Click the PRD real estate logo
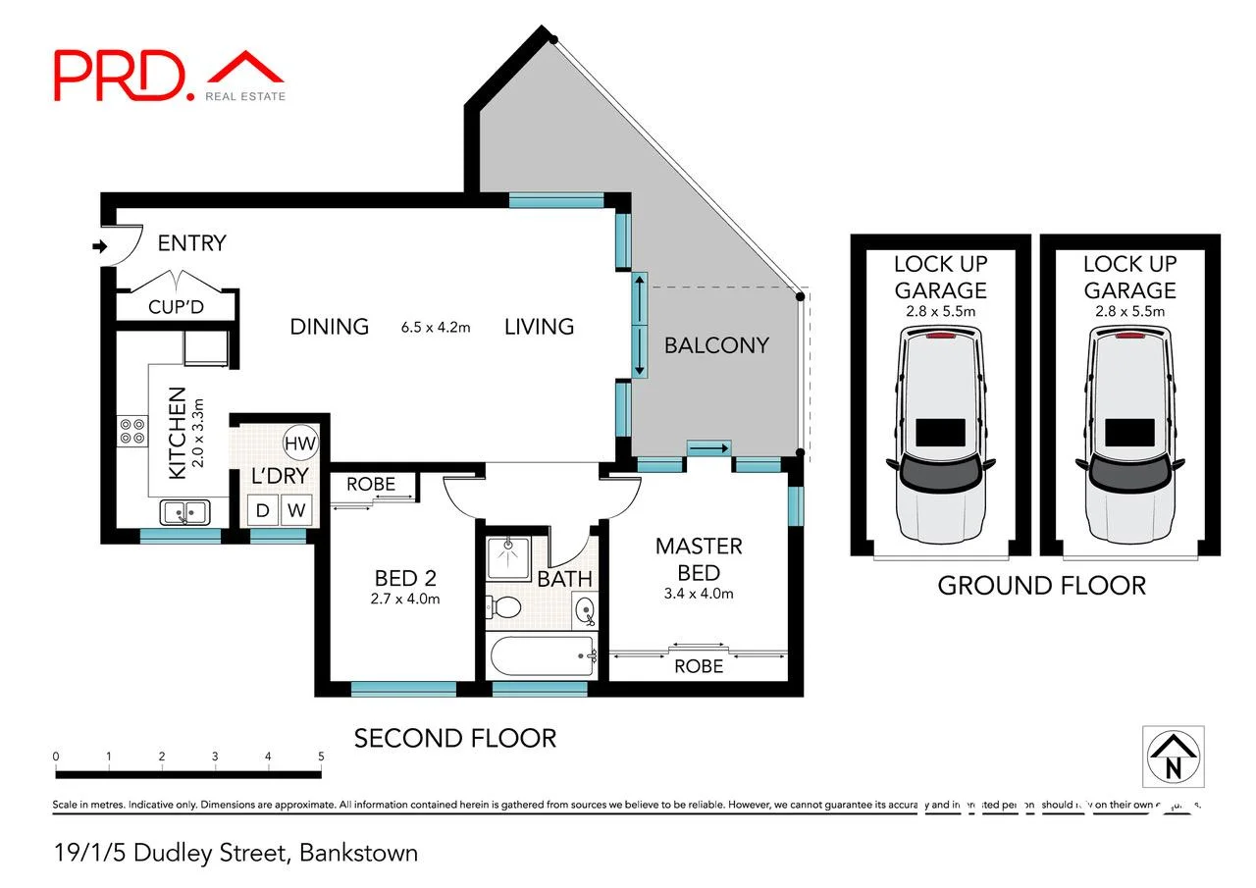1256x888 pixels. coord(169,75)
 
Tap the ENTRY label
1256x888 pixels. coord(191,242)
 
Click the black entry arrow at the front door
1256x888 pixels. coord(99,247)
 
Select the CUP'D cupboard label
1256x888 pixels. coord(176,307)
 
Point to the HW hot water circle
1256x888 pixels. coord(299,444)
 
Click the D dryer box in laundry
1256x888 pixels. coord(263,510)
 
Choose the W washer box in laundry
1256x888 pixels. coord(297,510)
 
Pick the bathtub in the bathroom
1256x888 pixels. coord(543,655)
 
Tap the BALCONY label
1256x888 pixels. coord(716,344)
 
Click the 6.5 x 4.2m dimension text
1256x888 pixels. coord(436,327)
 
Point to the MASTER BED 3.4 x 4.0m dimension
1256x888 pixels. coord(699,593)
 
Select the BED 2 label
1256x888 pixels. coord(405,578)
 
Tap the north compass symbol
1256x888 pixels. coord(1173,756)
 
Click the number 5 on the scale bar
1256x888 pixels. coord(321,757)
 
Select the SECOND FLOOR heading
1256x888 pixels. coord(454,738)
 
